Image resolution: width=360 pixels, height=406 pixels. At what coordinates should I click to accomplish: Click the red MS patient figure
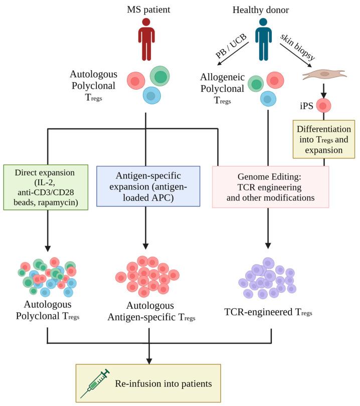click(x=146, y=38)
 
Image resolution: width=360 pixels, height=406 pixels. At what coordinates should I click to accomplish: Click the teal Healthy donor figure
click(x=261, y=38)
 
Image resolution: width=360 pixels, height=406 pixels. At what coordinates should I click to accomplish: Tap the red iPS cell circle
click(x=324, y=106)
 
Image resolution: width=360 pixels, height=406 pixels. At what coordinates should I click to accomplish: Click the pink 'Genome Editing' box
click(x=271, y=186)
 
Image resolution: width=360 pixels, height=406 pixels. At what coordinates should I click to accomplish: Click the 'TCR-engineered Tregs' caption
click(x=268, y=312)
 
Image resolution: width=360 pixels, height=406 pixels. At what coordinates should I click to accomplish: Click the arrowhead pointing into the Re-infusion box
click(x=148, y=360)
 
